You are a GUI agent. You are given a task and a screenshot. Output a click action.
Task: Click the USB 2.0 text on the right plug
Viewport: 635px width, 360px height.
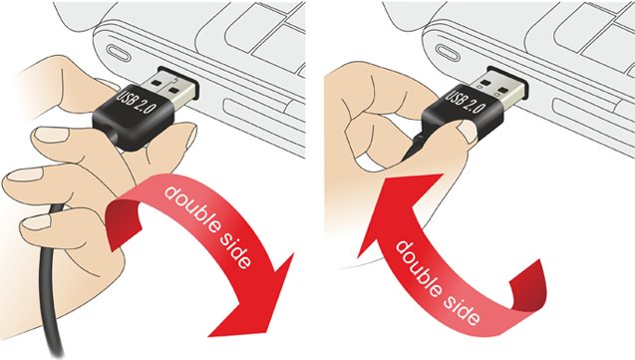pyautogui.click(x=466, y=102)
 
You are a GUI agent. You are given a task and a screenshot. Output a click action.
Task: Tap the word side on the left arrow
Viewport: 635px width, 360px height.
pyautogui.click(x=236, y=250)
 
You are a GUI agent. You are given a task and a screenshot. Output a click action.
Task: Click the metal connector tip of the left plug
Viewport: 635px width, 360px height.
pyautogui.click(x=170, y=86)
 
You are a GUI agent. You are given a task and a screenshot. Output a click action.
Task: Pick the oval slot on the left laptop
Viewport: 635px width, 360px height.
pyautogui.click(x=118, y=53)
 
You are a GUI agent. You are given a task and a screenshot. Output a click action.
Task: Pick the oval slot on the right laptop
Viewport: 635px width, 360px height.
pyautogui.click(x=448, y=52)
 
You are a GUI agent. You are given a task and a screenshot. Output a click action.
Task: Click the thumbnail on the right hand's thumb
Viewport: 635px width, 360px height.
pyautogui.click(x=469, y=132)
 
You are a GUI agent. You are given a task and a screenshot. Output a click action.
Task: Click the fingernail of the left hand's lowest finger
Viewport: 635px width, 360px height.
pyautogui.click(x=36, y=221)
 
